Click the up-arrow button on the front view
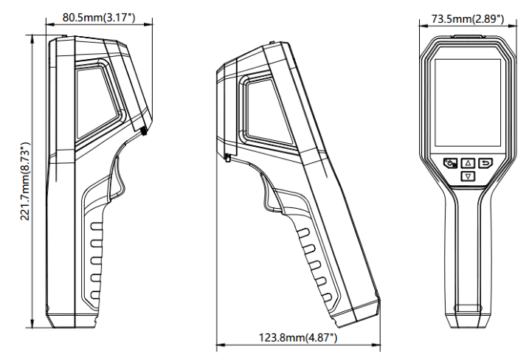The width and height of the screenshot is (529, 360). tap(468, 163)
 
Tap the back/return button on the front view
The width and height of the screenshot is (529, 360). tap(485, 163)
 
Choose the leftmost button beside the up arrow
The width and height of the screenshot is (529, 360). tap(450, 163)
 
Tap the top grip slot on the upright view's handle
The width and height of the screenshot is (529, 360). tap(95, 226)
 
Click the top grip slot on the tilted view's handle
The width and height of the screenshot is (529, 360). tap(303, 232)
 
